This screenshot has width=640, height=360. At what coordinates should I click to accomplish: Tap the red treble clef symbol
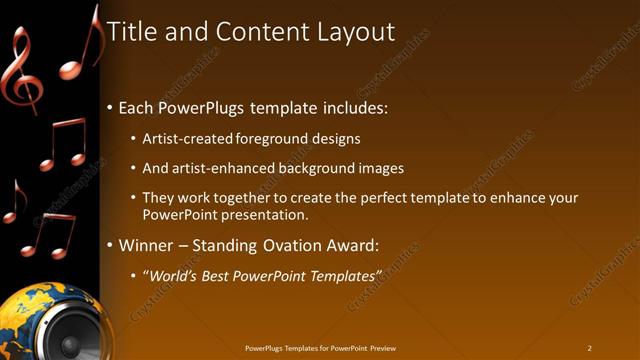(x=21, y=70)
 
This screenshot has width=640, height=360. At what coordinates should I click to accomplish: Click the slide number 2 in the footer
(x=590, y=347)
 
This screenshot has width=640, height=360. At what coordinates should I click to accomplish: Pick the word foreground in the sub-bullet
(x=274, y=139)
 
